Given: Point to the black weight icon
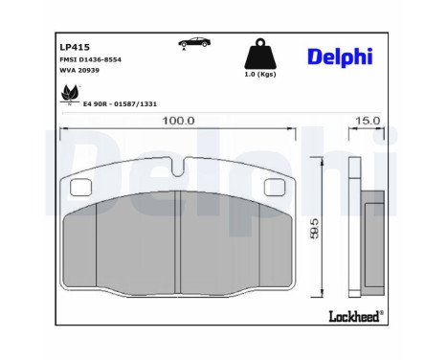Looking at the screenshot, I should click(x=256, y=54).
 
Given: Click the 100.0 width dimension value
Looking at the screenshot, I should click(x=178, y=122).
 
